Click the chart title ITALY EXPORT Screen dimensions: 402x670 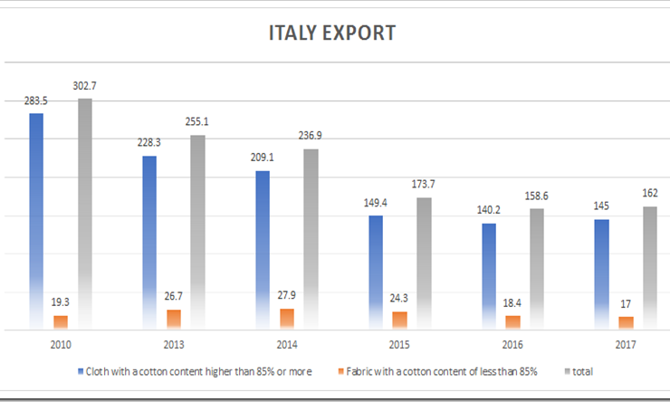tap(332, 33)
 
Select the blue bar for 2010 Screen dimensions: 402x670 tap(36, 217)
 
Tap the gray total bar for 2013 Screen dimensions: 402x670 tap(197, 231)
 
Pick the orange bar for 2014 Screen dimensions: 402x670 tap(286, 318)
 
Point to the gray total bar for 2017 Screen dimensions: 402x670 tap(649, 266)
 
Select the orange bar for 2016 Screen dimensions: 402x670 tap(512, 322)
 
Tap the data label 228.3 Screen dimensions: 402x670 tap(148, 142)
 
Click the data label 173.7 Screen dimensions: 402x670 tap(424, 184)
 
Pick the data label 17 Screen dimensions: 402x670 tap(625, 302)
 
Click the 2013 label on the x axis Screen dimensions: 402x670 tap(173, 345)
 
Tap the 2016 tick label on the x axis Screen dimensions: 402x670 tap(512, 345)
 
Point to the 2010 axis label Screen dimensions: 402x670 tap(61, 345)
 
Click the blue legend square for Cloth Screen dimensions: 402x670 tap(81, 372)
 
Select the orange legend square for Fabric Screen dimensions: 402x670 tap(340, 372)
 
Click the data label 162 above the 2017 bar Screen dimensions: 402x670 tap(649, 194)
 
